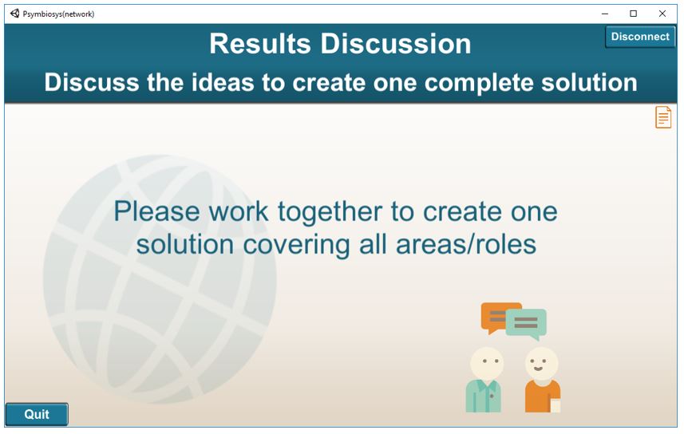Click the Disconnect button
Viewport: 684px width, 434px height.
pyautogui.click(x=640, y=37)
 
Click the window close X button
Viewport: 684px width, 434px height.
pyautogui.click(x=662, y=14)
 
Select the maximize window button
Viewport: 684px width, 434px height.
pyautogui.click(x=634, y=14)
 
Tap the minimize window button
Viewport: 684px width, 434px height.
pyautogui.click(x=605, y=14)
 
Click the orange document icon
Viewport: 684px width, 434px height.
pyautogui.click(x=663, y=117)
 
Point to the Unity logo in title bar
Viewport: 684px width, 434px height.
pyautogui.click(x=15, y=14)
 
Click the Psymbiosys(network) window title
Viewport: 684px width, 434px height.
pyautogui.click(x=58, y=14)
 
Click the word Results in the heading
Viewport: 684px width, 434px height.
pyautogui.click(x=260, y=44)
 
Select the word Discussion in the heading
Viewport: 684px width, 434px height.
pyautogui.click(x=396, y=44)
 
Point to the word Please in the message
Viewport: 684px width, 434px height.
pyautogui.click(x=157, y=211)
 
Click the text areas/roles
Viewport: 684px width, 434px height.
pyautogui.click(x=466, y=244)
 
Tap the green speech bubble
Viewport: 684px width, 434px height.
pyautogui.click(x=527, y=324)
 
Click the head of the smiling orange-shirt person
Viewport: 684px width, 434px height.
pyautogui.click(x=541, y=363)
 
